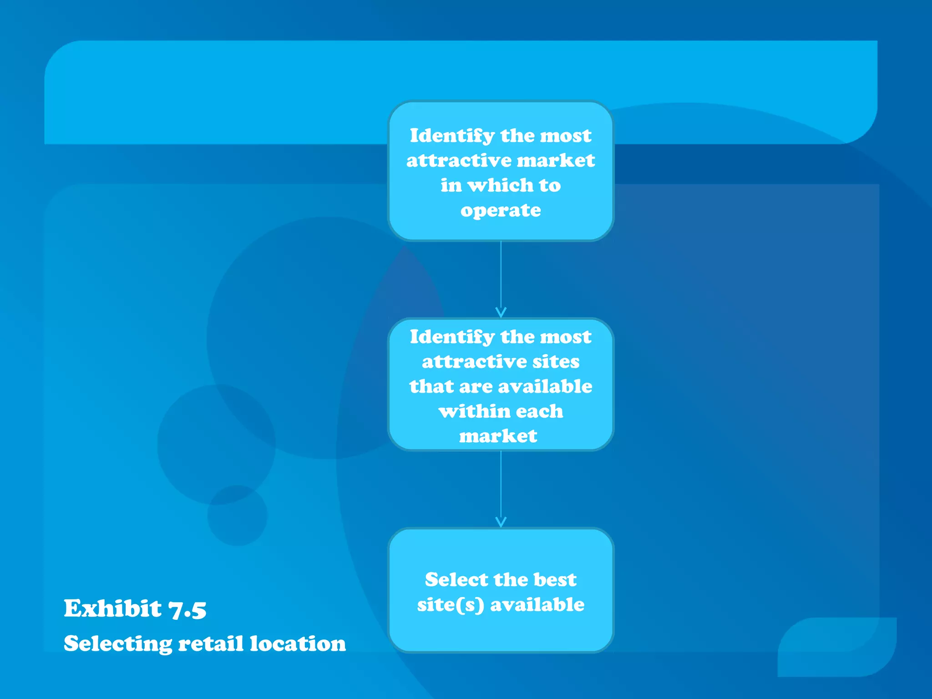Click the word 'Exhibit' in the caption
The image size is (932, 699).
pyautogui.click(x=112, y=609)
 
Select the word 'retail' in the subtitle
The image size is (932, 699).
pyautogui.click(x=211, y=644)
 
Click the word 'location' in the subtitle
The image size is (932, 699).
pyautogui.click(x=298, y=644)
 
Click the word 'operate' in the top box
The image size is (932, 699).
pyautogui.click(x=501, y=211)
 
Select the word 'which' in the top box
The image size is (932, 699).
pyautogui.click(x=501, y=185)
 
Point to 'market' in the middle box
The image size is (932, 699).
pyautogui.click(x=498, y=436)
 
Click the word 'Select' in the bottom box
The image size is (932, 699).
pyautogui.click(x=456, y=580)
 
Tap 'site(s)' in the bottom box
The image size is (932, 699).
pyautogui.click(x=451, y=605)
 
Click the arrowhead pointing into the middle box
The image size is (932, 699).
pyautogui.click(x=501, y=313)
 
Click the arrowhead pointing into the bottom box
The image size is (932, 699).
pyautogui.click(x=501, y=522)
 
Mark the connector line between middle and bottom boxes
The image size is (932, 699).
pyautogui.click(x=501, y=485)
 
